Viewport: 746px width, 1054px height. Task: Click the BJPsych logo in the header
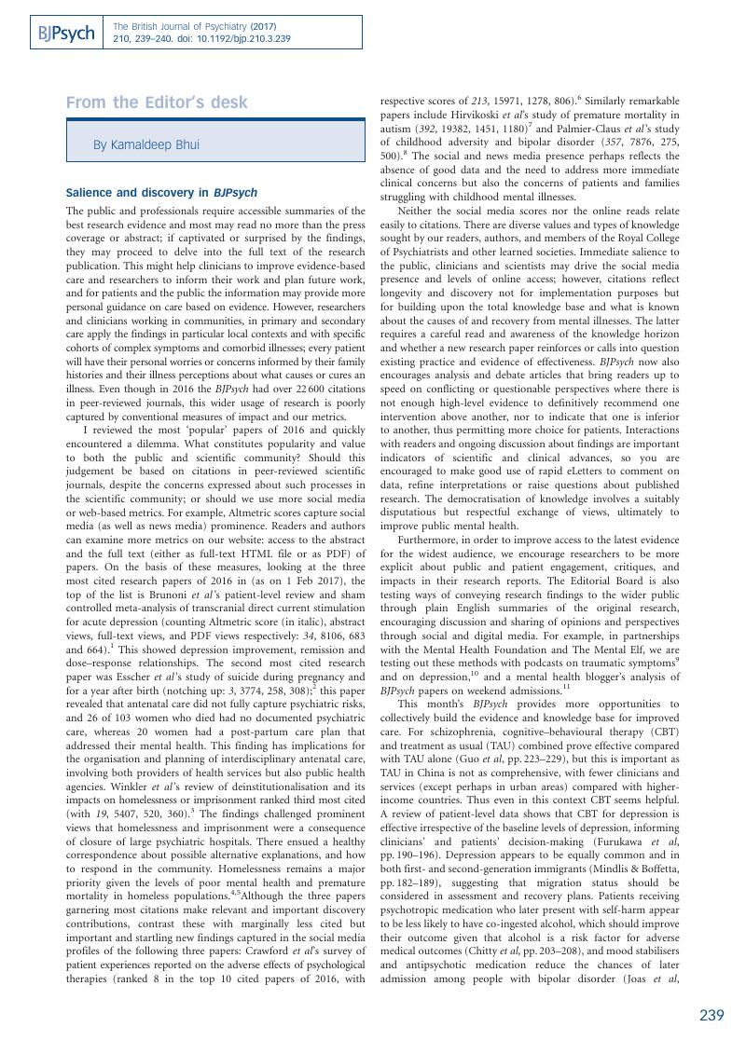point(66,34)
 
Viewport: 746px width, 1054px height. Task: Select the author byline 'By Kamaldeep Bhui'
point(145,144)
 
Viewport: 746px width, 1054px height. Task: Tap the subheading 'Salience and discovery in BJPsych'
point(161,193)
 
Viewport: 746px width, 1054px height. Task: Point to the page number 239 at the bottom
point(711,1016)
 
